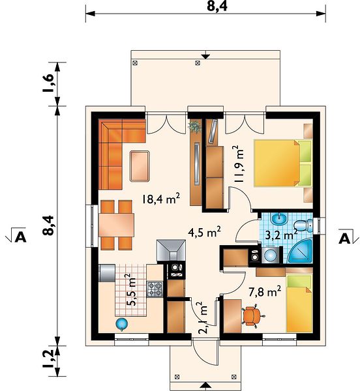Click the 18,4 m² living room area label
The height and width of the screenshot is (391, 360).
click(161, 199)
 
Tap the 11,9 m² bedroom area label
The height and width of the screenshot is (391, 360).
click(239, 164)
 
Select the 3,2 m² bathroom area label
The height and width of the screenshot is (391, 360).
click(281, 234)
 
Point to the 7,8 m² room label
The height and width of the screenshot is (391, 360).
click(265, 291)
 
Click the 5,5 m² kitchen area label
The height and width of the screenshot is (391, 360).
click(131, 289)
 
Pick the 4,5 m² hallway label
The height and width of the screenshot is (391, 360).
click(204, 232)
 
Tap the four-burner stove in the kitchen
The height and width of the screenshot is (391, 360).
click(155, 289)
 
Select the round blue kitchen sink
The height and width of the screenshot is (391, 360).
click(122, 324)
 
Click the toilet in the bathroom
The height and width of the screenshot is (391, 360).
click(303, 225)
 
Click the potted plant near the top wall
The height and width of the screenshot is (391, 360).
click(195, 126)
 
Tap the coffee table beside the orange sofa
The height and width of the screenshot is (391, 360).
click(140, 166)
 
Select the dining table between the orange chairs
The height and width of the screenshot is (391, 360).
click(116, 225)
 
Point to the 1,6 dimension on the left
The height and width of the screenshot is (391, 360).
click(48, 83)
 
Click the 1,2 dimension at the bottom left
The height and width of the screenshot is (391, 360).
click(48, 358)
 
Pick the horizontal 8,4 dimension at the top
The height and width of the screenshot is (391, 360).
click(217, 6)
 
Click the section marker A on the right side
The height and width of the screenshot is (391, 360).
click(345, 239)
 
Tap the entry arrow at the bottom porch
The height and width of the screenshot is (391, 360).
click(205, 386)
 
